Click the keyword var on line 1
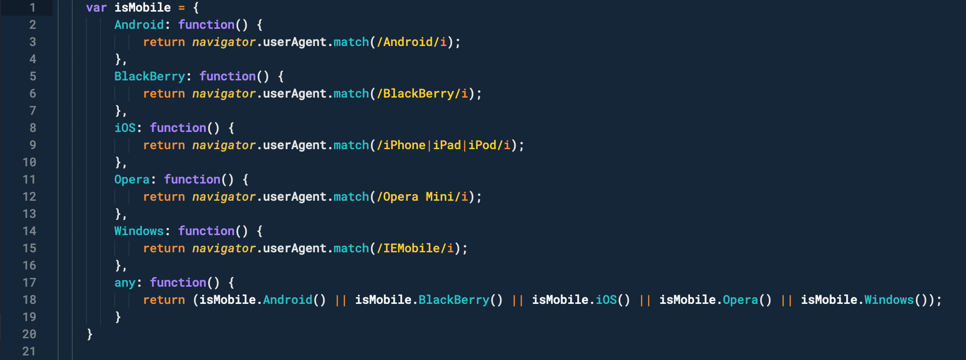pyautogui.click(x=96, y=8)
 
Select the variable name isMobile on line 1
pyautogui.click(x=143, y=8)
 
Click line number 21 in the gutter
pyautogui.click(x=29, y=351)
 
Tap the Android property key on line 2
pyautogui.click(x=139, y=25)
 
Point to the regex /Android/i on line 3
pyautogui.click(x=411, y=42)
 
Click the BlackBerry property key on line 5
pyautogui.click(x=150, y=76)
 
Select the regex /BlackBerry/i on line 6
pyautogui.click(x=422, y=94)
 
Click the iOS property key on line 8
pyautogui.click(x=125, y=128)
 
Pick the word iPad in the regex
pyautogui.click(x=447, y=145)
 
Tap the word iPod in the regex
pyautogui.click(x=482, y=145)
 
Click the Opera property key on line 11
pyautogui.click(x=132, y=179)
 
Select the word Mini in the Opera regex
pyautogui.click(x=440, y=197)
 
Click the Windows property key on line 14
pyautogui.click(x=139, y=231)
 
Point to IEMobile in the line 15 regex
pyautogui.click(x=411, y=248)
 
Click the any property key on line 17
pyautogui.click(x=125, y=283)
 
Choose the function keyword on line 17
pyautogui.click(x=178, y=283)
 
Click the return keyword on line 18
pyautogui.click(x=164, y=300)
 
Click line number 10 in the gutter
pyautogui.click(x=29, y=162)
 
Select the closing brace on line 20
pyautogui.click(x=89, y=334)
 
